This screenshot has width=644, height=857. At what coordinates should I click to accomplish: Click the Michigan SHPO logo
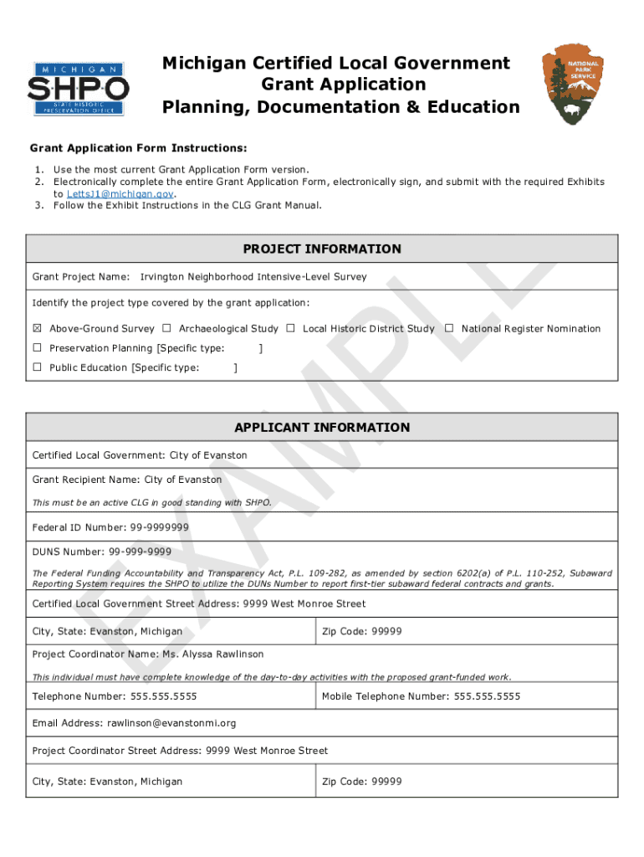pyautogui.click(x=78, y=88)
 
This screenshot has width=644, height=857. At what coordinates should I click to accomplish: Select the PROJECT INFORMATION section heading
pyautogui.click(x=322, y=249)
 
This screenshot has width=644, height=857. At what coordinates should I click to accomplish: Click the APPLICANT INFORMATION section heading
pyautogui.click(x=322, y=428)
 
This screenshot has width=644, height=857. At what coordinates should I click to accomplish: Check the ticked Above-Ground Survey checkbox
pyautogui.click(x=37, y=329)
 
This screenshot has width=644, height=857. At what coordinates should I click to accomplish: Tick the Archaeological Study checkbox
pyautogui.click(x=166, y=329)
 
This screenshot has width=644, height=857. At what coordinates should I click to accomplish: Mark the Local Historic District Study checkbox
pyautogui.click(x=290, y=329)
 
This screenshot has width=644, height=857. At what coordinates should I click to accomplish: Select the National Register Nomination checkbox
pyautogui.click(x=449, y=329)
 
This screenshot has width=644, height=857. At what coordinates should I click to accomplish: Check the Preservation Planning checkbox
pyautogui.click(x=37, y=348)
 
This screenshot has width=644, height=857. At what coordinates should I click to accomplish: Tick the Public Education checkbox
pyautogui.click(x=37, y=367)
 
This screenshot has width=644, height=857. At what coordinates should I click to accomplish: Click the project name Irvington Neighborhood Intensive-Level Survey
pyautogui.click(x=253, y=276)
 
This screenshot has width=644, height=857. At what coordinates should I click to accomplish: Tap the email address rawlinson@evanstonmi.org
pyautogui.click(x=171, y=723)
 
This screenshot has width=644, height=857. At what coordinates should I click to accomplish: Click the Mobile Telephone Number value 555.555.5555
pyautogui.click(x=487, y=696)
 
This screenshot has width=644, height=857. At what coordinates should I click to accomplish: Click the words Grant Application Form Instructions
pyautogui.click(x=139, y=149)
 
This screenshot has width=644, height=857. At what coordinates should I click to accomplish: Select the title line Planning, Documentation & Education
pyautogui.click(x=340, y=107)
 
